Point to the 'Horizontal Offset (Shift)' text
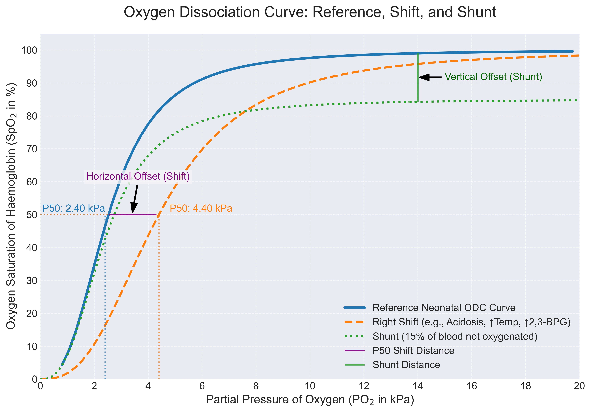point(138,176)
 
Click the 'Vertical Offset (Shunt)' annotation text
point(493,77)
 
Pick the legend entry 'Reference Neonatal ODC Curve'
point(444,308)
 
